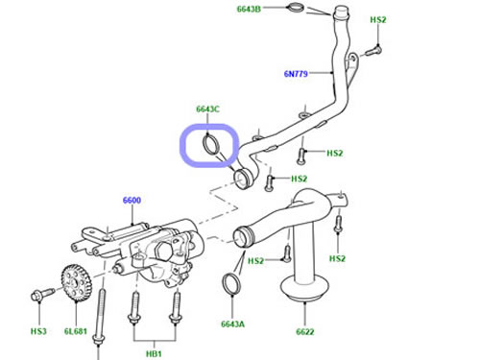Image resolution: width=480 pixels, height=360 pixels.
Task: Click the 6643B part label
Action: [x=249, y=9]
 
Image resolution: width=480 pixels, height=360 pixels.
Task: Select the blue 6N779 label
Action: [x=296, y=74]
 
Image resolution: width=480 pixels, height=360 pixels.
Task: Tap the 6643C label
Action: [x=207, y=109]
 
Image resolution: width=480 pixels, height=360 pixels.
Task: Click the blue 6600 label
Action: [x=132, y=201]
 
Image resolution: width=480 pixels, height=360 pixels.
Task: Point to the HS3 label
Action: [x=38, y=331]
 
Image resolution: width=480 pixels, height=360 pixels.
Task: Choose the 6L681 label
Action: [x=76, y=331]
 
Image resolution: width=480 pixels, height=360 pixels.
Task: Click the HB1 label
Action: [x=154, y=354]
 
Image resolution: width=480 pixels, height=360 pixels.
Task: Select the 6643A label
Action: [x=232, y=324]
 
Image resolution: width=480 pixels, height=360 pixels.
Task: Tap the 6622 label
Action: [x=305, y=332]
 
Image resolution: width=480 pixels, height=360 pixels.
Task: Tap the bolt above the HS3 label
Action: [x=42, y=294]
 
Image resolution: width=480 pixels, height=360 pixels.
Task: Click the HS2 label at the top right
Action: [x=378, y=20]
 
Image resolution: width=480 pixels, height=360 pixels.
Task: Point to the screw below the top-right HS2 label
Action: [x=373, y=51]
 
